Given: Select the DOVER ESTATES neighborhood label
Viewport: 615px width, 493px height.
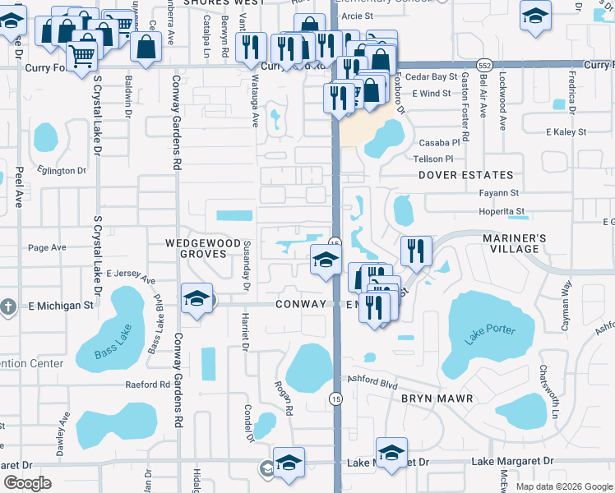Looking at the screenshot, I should (x=465, y=175).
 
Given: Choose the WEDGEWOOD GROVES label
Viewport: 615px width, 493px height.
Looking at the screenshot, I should (x=196, y=249).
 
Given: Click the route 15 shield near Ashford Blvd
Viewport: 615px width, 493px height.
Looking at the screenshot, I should (x=335, y=399).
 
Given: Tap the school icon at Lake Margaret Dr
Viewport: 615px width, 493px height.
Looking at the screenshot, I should (x=391, y=453).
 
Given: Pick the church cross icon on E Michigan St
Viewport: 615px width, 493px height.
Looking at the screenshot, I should (x=7, y=306).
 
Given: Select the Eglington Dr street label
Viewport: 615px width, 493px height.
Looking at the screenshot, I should (x=62, y=171).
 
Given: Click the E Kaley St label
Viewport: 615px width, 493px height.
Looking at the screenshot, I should (x=569, y=131).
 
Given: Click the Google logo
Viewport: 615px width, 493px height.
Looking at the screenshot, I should (x=27, y=483).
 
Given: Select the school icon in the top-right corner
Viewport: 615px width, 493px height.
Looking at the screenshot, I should (x=535, y=16).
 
